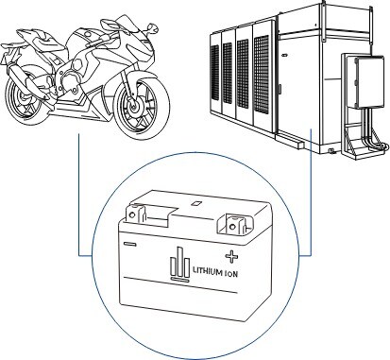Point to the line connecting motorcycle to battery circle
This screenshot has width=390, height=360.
(76, 189)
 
